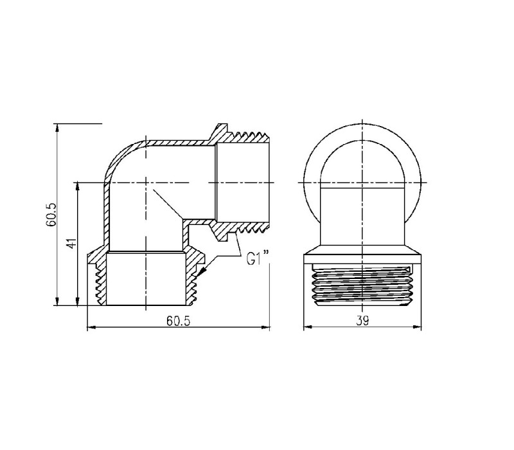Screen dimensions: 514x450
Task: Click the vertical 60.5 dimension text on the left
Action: coord(51,215)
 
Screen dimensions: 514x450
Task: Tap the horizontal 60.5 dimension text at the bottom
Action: coord(179,320)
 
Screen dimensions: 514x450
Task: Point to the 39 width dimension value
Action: coord(362,320)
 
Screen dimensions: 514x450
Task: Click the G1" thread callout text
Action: coord(258,258)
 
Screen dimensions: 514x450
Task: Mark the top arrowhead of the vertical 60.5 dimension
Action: coord(57,127)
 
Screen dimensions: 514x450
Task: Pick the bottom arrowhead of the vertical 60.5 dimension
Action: coord(57,301)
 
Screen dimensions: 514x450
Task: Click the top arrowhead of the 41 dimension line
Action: coord(77,186)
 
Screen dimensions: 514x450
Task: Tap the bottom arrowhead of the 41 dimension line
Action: coord(77,301)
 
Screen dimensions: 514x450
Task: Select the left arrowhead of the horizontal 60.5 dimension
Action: coord(91,327)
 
